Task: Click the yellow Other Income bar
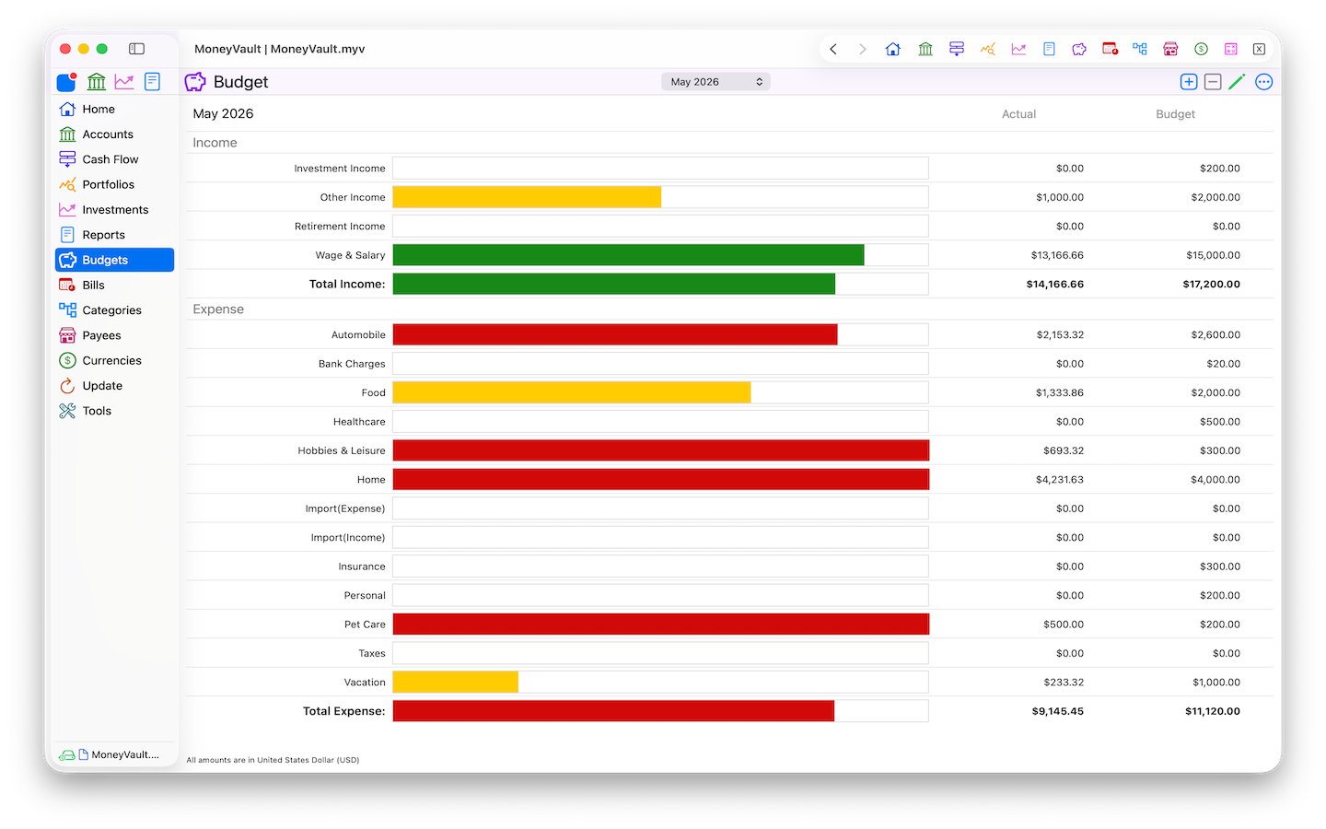[x=527, y=197]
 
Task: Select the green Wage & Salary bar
[x=629, y=255]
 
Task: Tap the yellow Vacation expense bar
[x=455, y=683]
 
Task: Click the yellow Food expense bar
[x=572, y=392]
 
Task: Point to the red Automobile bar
[x=615, y=334]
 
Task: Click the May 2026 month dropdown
[x=715, y=82]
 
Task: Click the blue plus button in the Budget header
[x=1188, y=82]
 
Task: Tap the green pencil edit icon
[x=1237, y=82]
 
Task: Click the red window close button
[x=65, y=49]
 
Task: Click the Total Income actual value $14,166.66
[x=1055, y=285]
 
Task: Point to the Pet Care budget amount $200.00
[x=1219, y=625]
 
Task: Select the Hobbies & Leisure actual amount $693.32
[x=1064, y=450]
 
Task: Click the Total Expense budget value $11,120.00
[x=1213, y=711]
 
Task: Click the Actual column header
[x=1018, y=114]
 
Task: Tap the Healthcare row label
[x=359, y=422]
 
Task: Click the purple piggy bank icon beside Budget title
[x=195, y=82]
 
